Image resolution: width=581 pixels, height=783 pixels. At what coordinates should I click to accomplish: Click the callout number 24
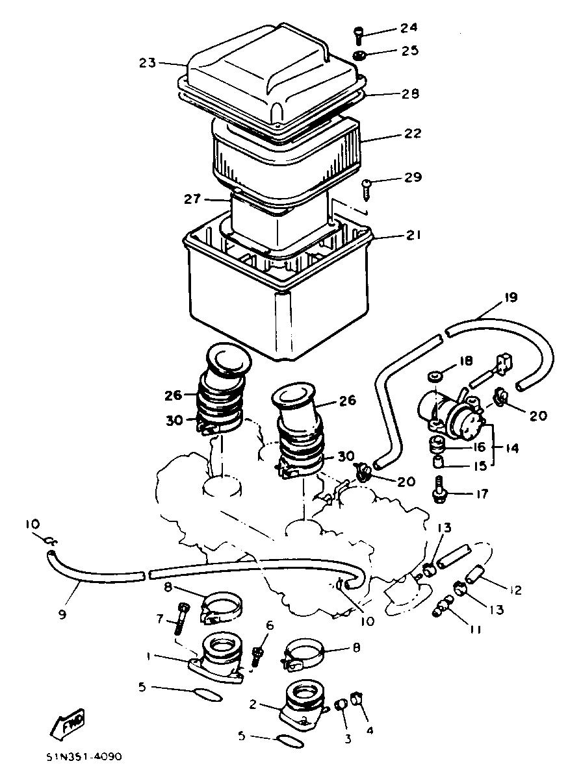408,27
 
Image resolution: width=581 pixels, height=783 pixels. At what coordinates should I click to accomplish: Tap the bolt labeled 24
358,36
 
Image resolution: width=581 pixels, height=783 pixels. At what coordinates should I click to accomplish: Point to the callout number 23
147,63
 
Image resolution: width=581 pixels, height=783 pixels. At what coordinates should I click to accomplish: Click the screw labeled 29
367,190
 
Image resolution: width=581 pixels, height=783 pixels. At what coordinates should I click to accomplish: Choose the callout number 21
413,235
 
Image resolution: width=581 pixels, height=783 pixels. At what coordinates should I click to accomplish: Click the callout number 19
511,297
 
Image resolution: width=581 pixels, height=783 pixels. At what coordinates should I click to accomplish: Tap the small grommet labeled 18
433,377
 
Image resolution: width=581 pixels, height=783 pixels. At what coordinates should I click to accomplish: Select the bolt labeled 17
438,491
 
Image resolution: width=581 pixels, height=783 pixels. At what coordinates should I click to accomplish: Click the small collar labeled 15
438,461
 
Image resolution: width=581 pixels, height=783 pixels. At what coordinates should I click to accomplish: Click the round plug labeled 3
341,706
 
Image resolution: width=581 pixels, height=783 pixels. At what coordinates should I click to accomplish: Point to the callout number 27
192,199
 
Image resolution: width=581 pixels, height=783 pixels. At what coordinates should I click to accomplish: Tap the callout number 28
410,93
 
